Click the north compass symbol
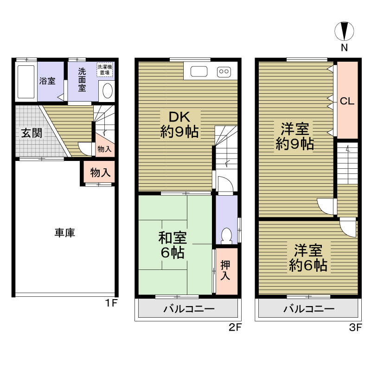pyautogui.click(x=344, y=31)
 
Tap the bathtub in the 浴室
pyautogui.click(x=26, y=82)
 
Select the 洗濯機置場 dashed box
pyautogui.click(x=105, y=70)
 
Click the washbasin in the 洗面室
pyautogui.click(x=108, y=90)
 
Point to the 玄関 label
pyautogui.click(x=32, y=133)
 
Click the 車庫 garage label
pyautogui.click(x=65, y=233)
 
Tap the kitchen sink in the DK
pyautogui.click(x=199, y=71)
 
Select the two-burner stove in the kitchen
pyautogui.click(x=224, y=71)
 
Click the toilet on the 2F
pyautogui.click(x=227, y=236)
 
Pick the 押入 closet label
pyautogui.click(x=225, y=270)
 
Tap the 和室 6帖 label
pyautogui.click(x=173, y=245)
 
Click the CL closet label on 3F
pyautogui.click(x=347, y=101)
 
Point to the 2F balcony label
pyautogui.click(x=189, y=309)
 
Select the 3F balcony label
pyautogui.click(x=309, y=309)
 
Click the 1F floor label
pyautogui.click(x=111, y=303)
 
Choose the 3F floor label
pyautogui.click(x=355, y=328)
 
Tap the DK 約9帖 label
pyautogui.click(x=179, y=124)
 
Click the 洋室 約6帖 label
pyautogui.click(x=308, y=258)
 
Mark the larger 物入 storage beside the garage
pyautogui.click(x=100, y=172)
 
